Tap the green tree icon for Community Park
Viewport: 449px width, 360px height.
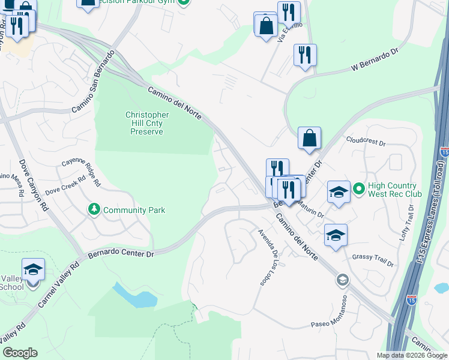[94, 209]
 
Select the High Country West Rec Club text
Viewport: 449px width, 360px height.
[395, 189]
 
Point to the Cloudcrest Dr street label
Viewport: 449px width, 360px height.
[365, 142]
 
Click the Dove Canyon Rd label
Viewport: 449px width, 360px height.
[33, 184]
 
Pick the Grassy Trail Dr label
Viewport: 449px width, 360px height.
[373, 260]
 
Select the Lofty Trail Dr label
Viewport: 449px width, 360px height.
[408, 224]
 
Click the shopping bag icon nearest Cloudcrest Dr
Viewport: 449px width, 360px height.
[309, 138]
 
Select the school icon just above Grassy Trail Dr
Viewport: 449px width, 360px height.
[336, 235]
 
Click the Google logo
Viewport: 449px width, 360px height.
[20, 353]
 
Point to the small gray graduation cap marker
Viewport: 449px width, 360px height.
[342, 279]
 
